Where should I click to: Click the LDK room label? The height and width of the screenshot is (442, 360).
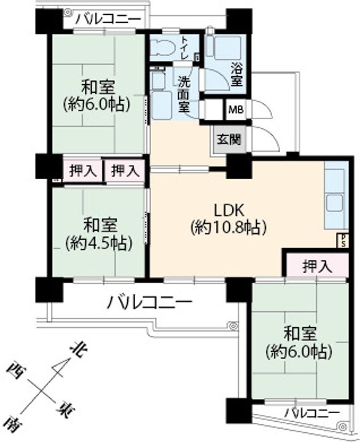[229, 211]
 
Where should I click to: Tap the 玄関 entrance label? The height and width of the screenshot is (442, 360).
[229, 139]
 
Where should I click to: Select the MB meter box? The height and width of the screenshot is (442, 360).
[236, 109]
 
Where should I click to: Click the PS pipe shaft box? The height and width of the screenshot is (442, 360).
[343, 241]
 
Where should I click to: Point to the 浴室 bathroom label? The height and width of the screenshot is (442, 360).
[237, 74]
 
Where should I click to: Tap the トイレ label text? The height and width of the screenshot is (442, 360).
[184, 47]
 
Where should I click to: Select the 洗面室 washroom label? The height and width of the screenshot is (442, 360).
[184, 94]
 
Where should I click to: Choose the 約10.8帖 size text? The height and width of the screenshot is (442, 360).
[229, 228]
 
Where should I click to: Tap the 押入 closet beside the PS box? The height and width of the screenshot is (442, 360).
[317, 266]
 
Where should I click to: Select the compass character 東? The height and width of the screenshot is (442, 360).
[65, 411]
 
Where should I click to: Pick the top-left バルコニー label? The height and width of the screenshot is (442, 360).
[109, 19]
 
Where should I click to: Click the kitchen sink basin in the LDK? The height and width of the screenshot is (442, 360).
[335, 203]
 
